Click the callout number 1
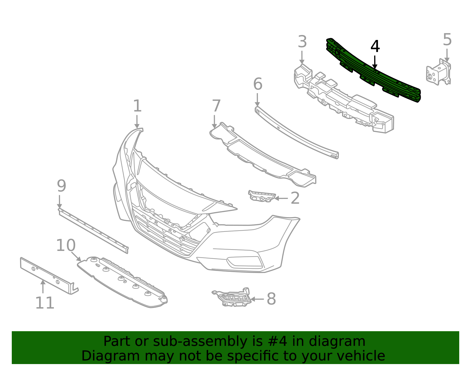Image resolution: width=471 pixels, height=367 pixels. (x=137, y=106)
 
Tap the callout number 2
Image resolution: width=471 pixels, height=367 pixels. (x=295, y=198)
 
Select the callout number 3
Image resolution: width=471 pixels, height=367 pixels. (x=302, y=42)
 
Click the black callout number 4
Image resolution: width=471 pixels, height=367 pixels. (x=375, y=47)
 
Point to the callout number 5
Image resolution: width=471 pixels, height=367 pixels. (x=447, y=40)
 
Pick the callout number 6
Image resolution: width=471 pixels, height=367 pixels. (x=258, y=84)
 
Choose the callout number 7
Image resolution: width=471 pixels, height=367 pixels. (x=216, y=106)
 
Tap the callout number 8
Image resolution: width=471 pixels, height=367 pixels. (x=271, y=299)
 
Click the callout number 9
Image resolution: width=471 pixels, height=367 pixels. (x=61, y=186)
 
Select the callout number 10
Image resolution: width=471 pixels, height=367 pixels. (x=66, y=245)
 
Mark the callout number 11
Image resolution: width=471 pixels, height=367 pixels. (x=45, y=303)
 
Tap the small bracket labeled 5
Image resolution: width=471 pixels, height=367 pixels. (x=439, y=73)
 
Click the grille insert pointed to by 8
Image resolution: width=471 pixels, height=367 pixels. (x=234, y=298)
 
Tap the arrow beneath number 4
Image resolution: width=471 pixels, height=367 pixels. (x=374, y=62)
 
